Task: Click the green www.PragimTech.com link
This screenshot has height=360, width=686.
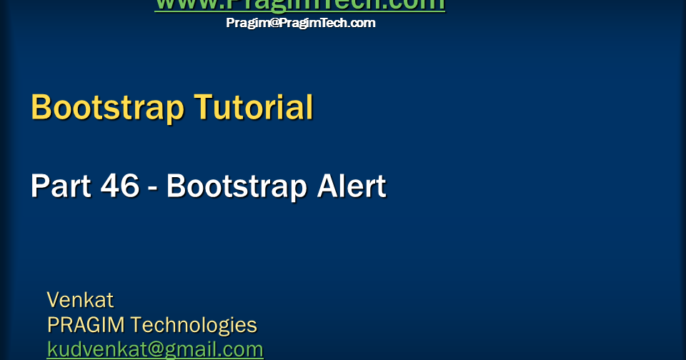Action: coord(299,4)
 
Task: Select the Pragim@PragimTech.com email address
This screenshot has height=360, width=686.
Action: coord(300,23)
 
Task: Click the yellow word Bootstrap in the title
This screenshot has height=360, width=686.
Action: coord(107,108)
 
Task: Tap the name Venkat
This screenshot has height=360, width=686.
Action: coord(80,299)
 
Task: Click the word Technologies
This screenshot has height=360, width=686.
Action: coord(194,325)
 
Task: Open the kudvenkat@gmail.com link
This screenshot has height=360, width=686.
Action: coord(155,349)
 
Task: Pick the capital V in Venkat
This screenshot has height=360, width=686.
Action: coord(54,299)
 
